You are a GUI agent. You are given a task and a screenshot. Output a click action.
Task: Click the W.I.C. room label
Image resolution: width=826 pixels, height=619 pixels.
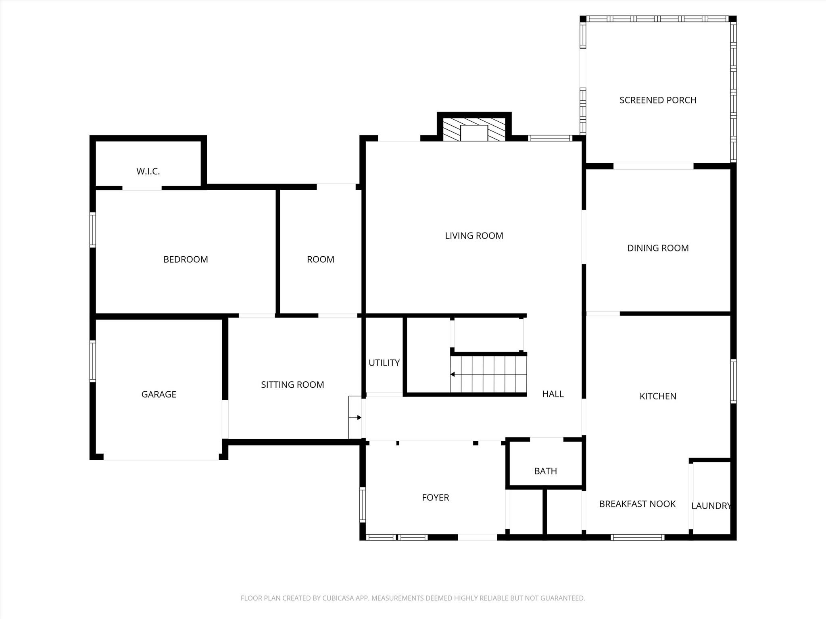[x=148, y=171]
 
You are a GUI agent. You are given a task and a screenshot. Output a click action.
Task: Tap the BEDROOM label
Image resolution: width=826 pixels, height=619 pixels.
[x=186, y=260]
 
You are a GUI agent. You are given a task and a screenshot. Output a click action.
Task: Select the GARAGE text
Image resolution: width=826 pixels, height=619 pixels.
[x=159, y=395]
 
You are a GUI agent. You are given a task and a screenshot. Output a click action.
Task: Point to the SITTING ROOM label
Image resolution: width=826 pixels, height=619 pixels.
[x=292, y=385]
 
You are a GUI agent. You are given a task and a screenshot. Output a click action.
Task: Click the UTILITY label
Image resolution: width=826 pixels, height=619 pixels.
[x=384, y=363]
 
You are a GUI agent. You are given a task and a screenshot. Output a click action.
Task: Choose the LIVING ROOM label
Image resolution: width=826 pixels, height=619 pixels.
[x=474, y=236]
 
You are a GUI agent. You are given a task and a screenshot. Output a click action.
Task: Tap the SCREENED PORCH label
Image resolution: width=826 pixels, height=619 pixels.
[x=658, y=100]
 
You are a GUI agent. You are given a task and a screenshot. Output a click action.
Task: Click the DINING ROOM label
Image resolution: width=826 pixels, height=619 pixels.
[x=658, y=248]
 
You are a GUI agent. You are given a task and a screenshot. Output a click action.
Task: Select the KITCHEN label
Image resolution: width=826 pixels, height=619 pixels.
[x=658, y=397]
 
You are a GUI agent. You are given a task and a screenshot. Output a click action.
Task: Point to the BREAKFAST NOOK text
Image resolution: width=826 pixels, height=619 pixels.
[x=637, y=504]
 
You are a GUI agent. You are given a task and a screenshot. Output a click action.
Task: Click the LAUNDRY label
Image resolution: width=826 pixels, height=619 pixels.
[x=711, y=506]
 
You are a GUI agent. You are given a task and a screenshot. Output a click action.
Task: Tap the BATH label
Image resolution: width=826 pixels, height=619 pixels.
[x=545, y=471]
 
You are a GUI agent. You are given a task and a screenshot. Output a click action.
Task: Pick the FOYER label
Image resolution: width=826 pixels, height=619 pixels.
[x=435, y=498]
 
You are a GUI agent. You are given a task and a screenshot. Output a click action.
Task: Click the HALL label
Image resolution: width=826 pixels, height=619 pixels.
[x=553, y=394]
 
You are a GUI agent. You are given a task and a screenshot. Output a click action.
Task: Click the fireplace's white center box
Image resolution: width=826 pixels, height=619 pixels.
[x=474, y=133]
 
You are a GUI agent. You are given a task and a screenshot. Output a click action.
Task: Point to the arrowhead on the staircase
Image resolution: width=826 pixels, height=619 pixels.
[x=453, y=374]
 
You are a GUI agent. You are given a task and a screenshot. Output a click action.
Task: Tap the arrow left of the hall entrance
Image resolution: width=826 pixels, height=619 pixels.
[x=355, y=418]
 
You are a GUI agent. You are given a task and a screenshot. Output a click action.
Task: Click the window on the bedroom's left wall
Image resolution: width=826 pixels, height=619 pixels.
[x=93, y=230]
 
